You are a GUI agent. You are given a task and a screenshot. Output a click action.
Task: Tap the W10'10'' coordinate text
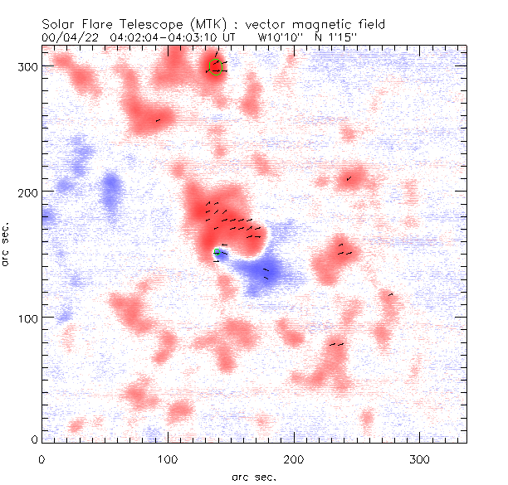click(x=280, y=36)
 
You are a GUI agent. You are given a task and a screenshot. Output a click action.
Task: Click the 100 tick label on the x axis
click(x=169, y=459)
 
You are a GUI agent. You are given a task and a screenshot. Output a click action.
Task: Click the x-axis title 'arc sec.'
click(x=253, y=476)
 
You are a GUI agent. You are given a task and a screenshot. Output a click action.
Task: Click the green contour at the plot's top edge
click(x=215, y=67)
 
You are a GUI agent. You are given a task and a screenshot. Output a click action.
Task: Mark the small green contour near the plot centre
click(x=217, y=251)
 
